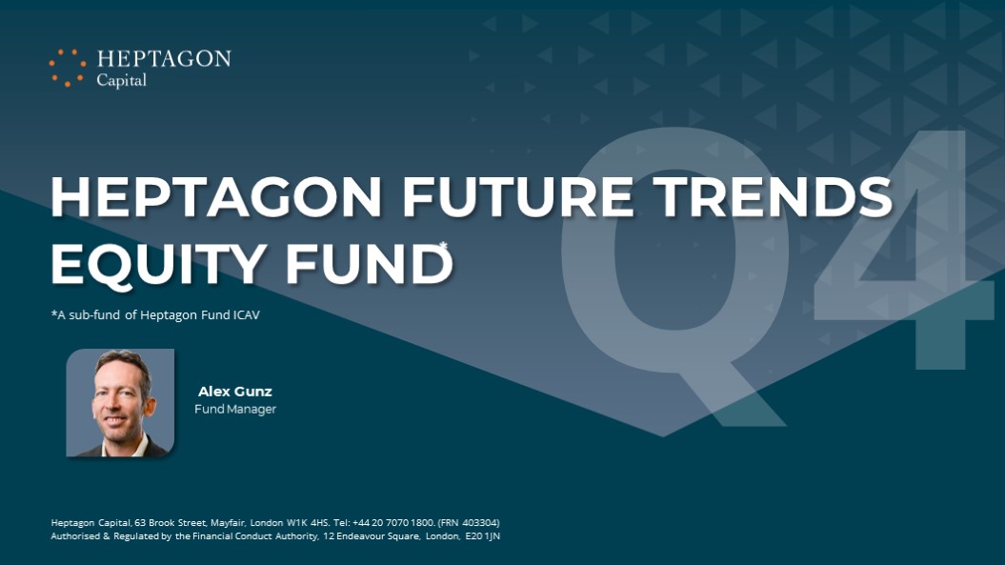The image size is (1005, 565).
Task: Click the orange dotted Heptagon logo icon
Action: click(68, 68)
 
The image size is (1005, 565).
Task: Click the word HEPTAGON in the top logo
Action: click(164, 59)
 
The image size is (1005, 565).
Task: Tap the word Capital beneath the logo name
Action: click(121, 80)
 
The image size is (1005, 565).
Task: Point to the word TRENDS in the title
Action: click(773, 197)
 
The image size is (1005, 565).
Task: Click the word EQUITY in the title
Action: click(159, 264)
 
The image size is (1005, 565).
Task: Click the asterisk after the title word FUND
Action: click(443, 245)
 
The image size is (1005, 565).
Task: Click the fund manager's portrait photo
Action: click(120, 403)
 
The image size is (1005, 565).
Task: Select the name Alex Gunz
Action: click(234, 392)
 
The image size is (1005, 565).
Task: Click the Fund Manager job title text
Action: click(235, 409)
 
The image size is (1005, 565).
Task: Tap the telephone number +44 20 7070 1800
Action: click(393, 523)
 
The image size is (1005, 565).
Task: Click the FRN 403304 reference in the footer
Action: click(469, 523)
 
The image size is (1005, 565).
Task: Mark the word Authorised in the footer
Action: click(75, 536)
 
